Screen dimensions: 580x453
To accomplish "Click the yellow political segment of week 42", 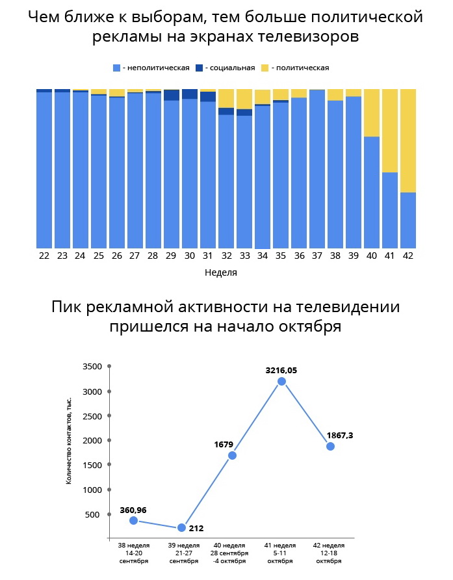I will coord(408,140).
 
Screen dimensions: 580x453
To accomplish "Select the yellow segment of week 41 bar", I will coord(390,130).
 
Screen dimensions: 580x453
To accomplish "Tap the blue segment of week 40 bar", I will coord(372,192).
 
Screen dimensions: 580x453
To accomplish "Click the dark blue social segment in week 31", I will coord(208,97).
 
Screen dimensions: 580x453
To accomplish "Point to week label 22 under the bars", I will coord(44,256).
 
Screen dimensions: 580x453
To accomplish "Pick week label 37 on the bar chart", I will coord(317,256).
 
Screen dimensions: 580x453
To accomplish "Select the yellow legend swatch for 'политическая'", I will coord(265,68).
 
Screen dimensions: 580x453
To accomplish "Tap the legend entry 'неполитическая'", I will coord(152,68).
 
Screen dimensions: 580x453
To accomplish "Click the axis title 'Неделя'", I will coord(221,272).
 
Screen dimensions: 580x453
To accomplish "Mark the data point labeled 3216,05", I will coord(281,382).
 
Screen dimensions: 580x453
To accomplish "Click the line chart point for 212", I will coord(182,527).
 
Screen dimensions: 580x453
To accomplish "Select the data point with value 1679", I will coord(232,455).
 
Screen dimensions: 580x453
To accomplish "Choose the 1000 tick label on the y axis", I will coord(94,490).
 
